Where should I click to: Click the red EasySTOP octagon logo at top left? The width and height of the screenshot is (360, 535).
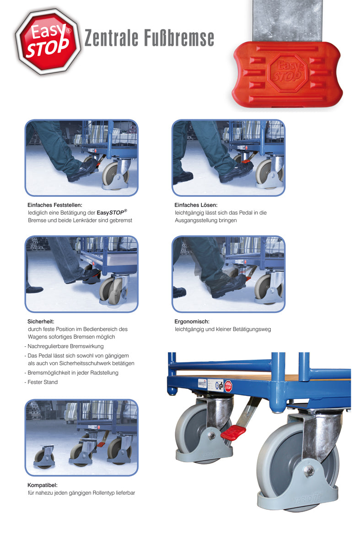(45, 41)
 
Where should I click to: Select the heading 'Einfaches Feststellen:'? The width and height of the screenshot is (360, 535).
(55, 205)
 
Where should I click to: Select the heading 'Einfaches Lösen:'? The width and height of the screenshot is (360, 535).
(196, 205)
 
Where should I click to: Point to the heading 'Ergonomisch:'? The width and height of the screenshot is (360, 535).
(192, 322)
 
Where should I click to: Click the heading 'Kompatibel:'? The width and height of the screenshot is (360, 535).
(42, 485)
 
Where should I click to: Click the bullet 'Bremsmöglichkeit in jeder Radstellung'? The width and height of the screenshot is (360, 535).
(73, 373)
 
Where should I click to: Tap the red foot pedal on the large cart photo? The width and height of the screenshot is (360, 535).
(233, 432)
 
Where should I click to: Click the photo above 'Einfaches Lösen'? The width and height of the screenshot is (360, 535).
(228, 158)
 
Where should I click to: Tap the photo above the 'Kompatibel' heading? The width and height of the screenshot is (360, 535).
(81, 437)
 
